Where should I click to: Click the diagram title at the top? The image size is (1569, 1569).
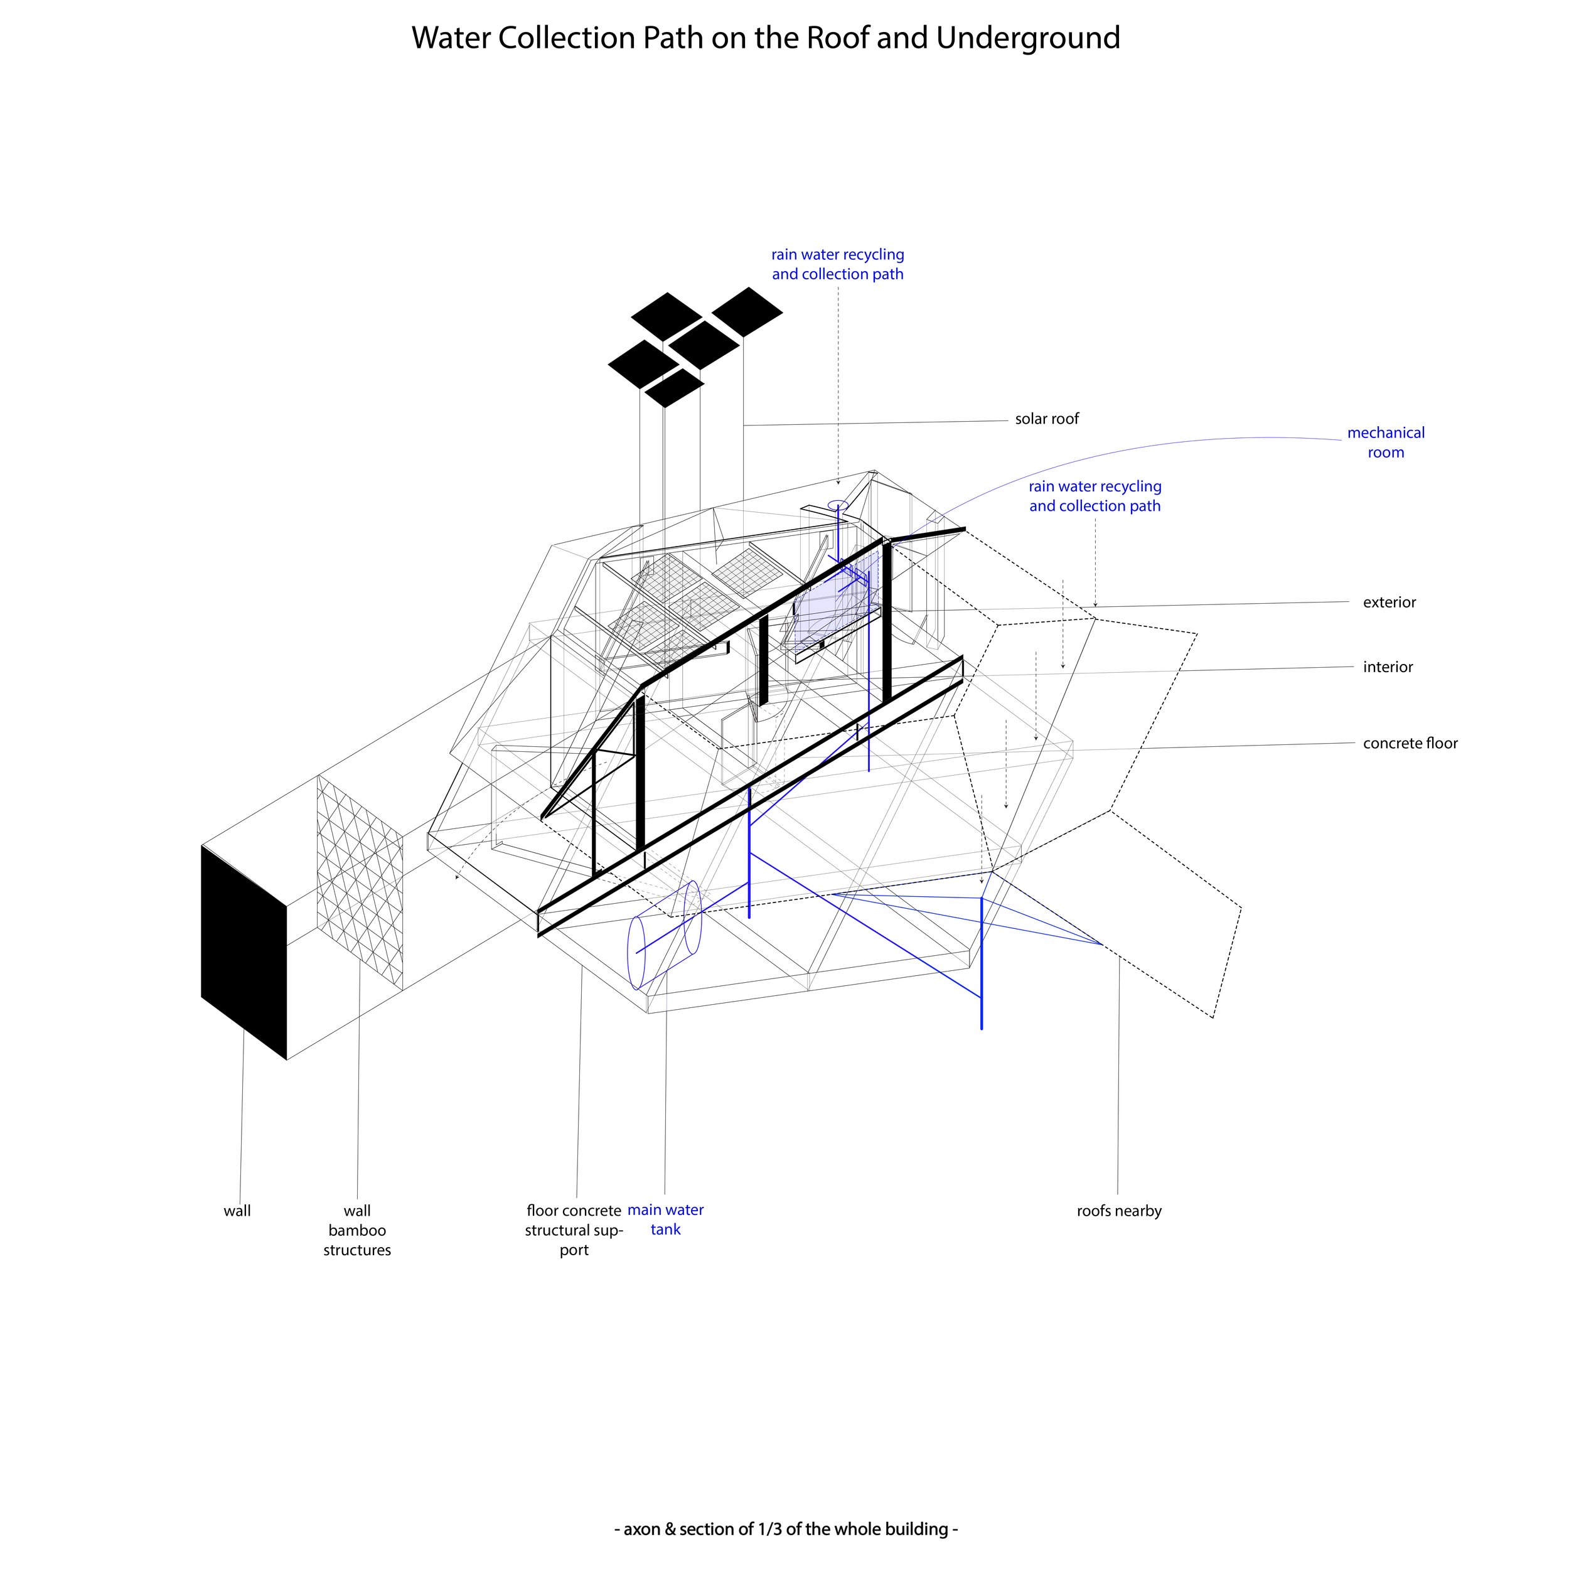click(x=765, y=38)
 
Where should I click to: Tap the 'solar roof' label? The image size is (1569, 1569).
click(x=1047, y=419)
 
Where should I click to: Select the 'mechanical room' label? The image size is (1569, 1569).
click(x=1386, y=442)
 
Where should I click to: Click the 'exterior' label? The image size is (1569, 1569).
click(x=1390, y=602)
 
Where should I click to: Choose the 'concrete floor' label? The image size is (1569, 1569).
click(x=1410, y=744)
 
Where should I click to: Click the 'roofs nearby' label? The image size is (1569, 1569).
click(x=1119, y=1211)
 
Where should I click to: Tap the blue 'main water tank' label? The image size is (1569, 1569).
click(x=665, y=1220)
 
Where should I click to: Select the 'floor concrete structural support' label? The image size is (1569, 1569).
click(x=574, y=1230)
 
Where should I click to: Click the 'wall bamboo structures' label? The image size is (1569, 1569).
click(x=357, y=1230)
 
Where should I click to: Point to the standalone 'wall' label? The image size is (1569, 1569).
click(x=237, y=1211)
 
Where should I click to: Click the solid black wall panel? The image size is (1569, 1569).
click(x=244, y=952)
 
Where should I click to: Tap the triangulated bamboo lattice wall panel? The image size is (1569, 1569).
click(x=360, y=882)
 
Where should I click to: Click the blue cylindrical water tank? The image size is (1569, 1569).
click(x=665, y=934)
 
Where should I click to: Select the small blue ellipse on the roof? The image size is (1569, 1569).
click(x=838, y=505)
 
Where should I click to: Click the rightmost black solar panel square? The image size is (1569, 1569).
click(x=747, y=312)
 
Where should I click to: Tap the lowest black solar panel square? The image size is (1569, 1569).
click(x=673, y=388)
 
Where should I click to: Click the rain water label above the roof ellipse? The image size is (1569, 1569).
click(x=837, y=265)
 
